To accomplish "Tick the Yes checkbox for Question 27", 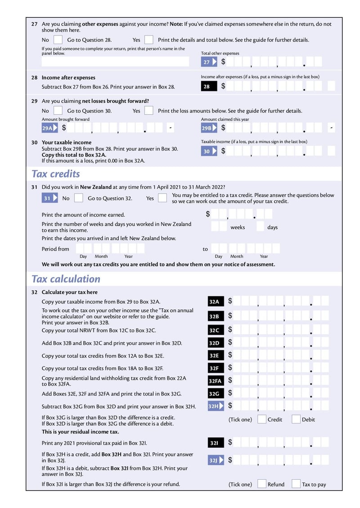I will pyautogui.click(x=149, y=40).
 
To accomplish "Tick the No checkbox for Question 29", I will pyautogui.click(x=58, y=111).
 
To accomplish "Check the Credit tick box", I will pyautogui.click(x=261, y=419).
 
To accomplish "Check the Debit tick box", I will pyautogui.click(x=296, y=419).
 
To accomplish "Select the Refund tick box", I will pyautogui.click(x=261, y=484).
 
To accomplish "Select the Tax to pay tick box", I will pyautogui.click(x=296, y=484).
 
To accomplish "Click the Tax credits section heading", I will pyautogui.click(x=56, y=174).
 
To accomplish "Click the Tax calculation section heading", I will pyautogui.click(x=66, y=279).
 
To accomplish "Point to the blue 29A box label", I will pyautogui.click(x=49, y=128).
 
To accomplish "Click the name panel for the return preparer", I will pyautogui.click(x=115, y=62).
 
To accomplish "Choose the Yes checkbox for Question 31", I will pyautogui.click(x=162, y=198).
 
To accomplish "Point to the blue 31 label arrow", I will pyautogui.click(x=50, y=198).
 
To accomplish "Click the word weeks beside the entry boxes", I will pyautogui.click(x=238, y=227).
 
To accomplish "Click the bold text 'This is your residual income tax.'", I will pyautogui.click(x=80, y=432).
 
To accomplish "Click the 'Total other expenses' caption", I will pyautogui.click(x=220, y=53).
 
